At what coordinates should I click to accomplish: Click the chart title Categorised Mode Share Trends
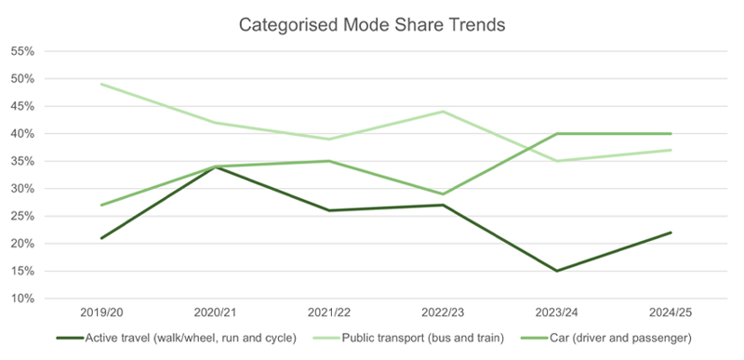click(371, 25)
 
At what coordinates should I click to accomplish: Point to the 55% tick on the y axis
click(22, 51)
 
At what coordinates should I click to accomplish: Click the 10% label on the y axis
click(22, 299)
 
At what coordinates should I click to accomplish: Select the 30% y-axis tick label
click(22, 189)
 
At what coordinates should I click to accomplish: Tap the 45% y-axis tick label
click(22, 106)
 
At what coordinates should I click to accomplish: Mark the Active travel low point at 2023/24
click(556, 271)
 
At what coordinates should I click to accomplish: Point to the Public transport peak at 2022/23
click(443, 112)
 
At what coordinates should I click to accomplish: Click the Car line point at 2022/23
click(443, 194)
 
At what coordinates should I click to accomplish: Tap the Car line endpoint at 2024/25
click(671, 134)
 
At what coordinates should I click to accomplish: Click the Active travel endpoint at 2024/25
click(671, 233)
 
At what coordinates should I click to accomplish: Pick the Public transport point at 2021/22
click(328, 140)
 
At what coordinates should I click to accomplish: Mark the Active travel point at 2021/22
click(328, 210)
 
